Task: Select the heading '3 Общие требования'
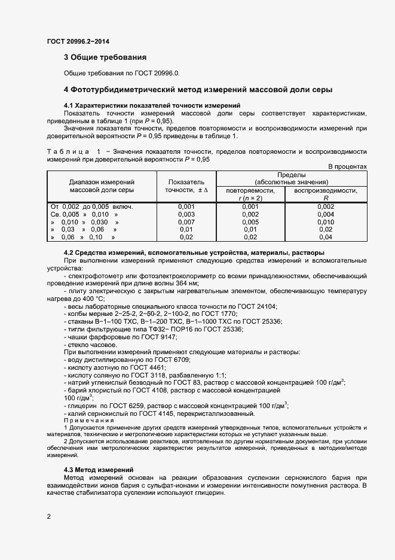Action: (x=105, y=58)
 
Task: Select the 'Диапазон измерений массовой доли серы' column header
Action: (x=101, y=185)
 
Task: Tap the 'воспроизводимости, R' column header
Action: (x=326, y=194)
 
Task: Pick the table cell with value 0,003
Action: (x=186, y=214)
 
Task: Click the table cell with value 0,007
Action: (x=186, y=222)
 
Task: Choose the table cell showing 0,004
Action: (x=326, y=214)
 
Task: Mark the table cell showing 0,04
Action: (x=326, y=237)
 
